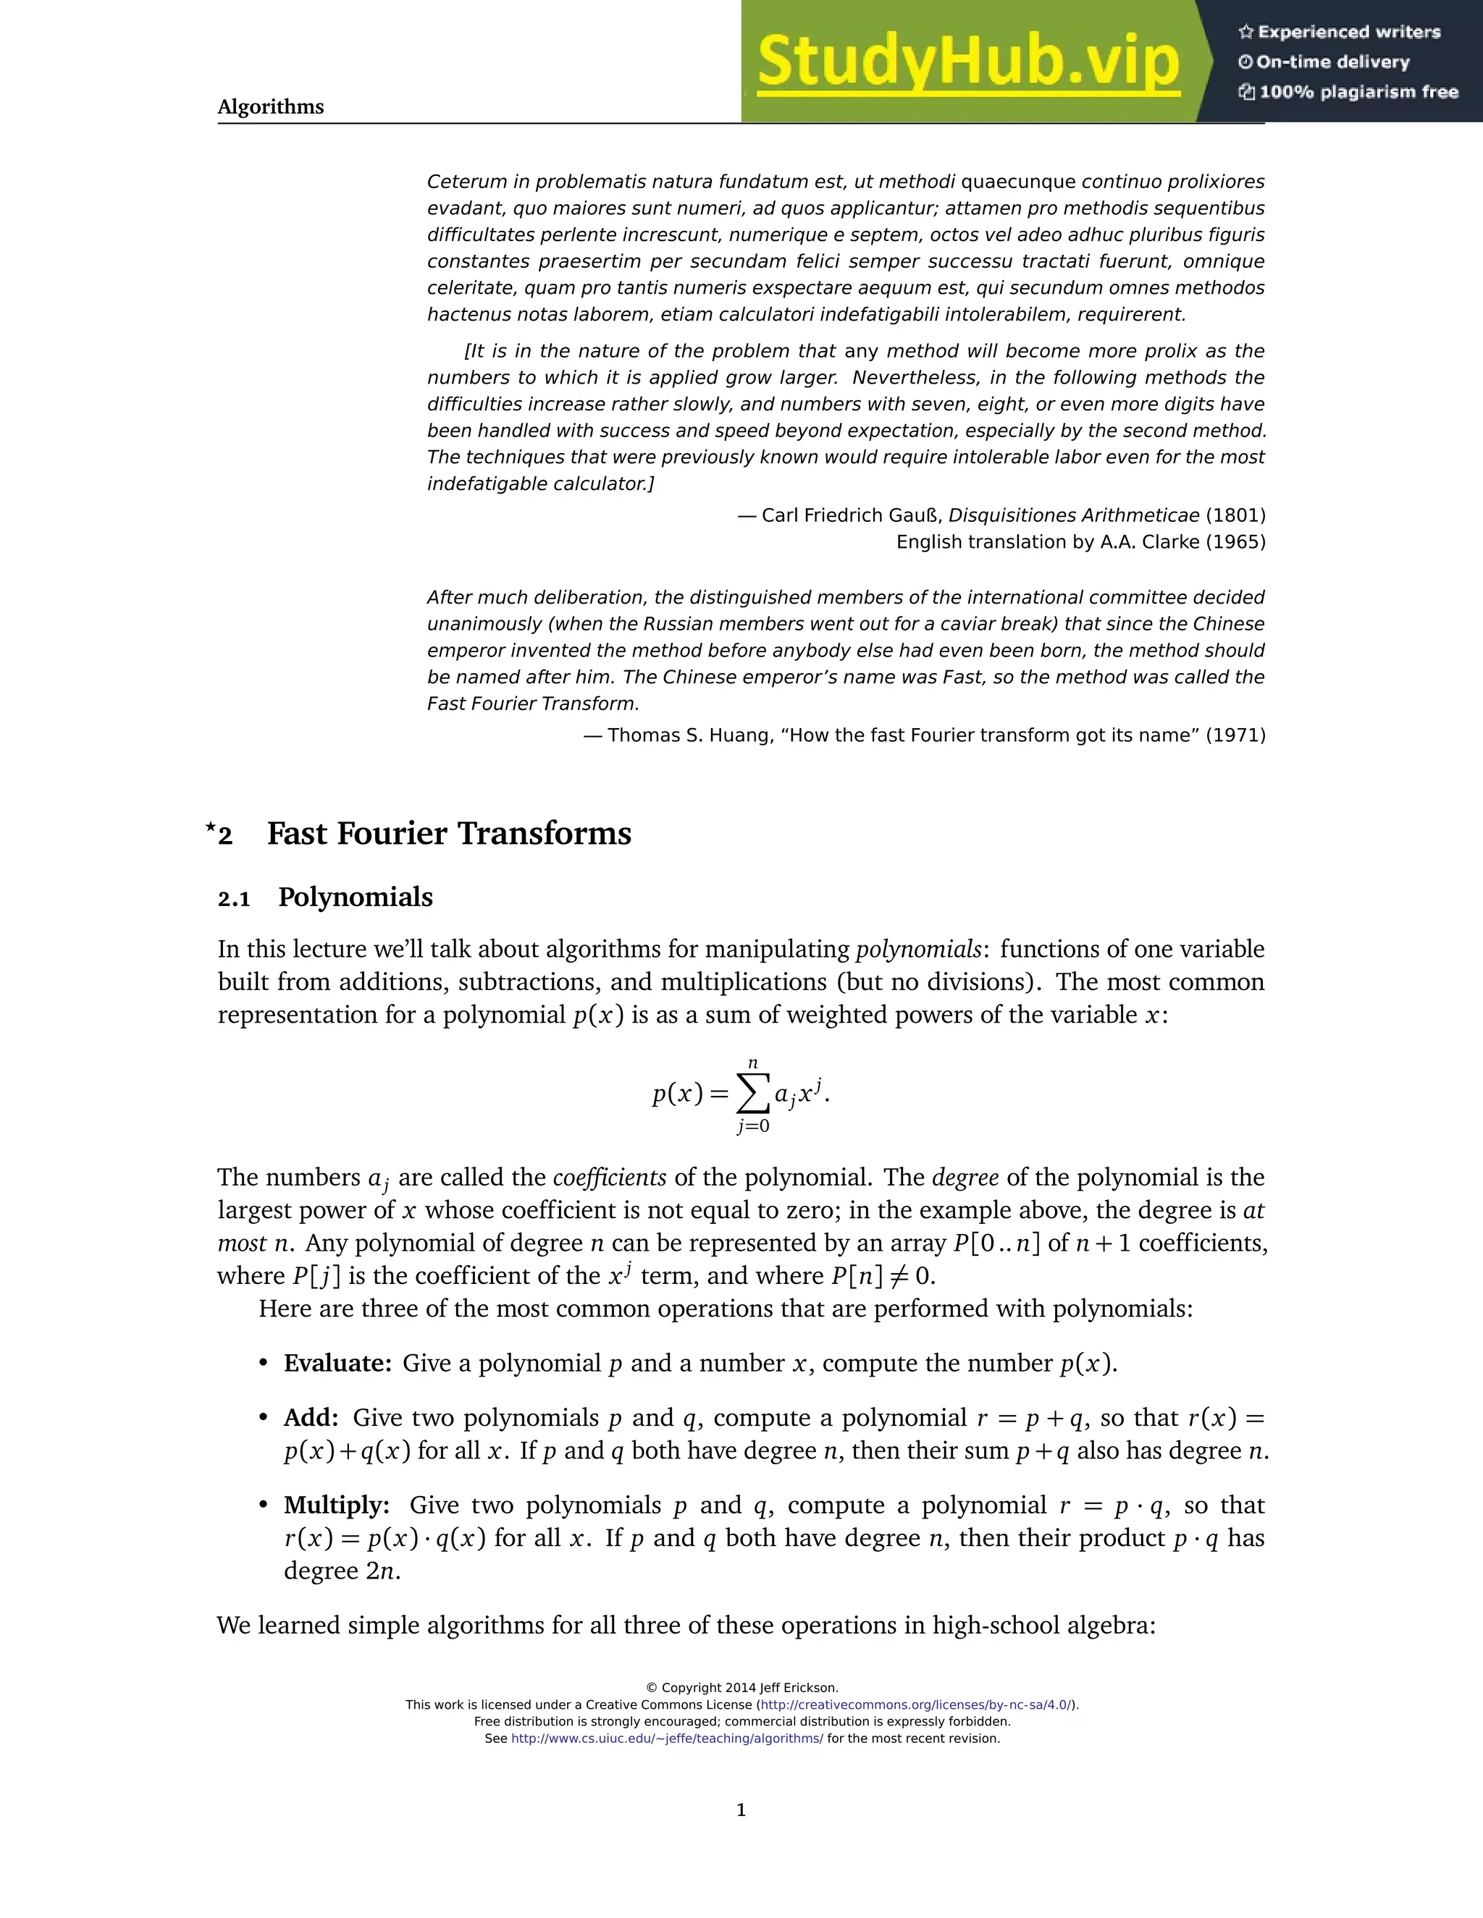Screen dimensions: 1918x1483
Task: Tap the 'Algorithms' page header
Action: (x=271, y=107)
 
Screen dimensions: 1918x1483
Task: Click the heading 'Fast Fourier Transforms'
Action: (x=449, y=833)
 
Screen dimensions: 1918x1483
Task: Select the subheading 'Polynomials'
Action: (x=355, y=897)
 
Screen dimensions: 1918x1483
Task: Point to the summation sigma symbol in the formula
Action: (x=752, y=1094)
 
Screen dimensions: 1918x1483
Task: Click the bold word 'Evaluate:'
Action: (x=337, y=1363)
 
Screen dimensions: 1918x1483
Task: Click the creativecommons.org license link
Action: (x=915, y=1704)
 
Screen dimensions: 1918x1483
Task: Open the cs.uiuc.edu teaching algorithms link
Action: (x=667, y=1738)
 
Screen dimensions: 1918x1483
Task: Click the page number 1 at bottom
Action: (x=741, y=1809)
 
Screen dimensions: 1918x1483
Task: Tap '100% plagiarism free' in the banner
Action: (x=1358, y=91)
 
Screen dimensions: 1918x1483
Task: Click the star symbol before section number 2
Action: (x=210, y=827)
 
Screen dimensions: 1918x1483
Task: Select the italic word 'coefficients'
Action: (x=609, y=1177)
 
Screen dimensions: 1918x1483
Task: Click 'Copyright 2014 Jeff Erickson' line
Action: (x=741, y=1687)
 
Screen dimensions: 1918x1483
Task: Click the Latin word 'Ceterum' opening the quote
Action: (x=466, y=182)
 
